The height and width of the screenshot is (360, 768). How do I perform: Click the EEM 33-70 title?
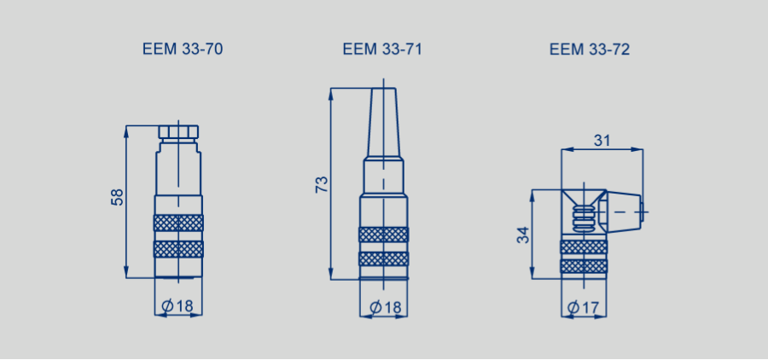183,49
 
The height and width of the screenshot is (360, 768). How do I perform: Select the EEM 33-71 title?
382,49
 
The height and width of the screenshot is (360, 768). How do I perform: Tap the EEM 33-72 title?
589,49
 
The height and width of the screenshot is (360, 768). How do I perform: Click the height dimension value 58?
118,197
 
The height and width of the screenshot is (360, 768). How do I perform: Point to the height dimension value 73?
322,184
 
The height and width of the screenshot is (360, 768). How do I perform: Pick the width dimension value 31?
602,141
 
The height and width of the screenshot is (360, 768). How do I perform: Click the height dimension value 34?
524,235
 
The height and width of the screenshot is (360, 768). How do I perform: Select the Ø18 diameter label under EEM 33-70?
177,306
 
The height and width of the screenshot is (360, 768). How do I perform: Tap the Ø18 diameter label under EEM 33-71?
385,308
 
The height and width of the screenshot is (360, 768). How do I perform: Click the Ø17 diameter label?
583,308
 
